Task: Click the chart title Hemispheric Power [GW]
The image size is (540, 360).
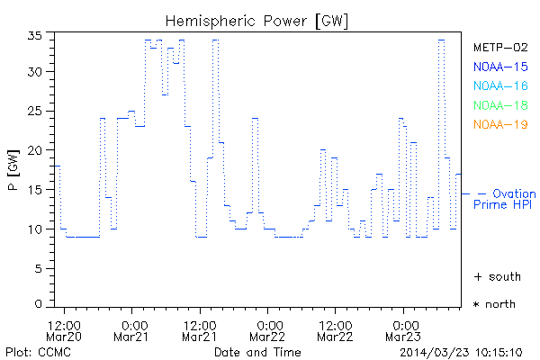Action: click(257, 19)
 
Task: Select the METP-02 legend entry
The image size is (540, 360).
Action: click(499, 47)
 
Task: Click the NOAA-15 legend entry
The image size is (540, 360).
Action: click(499, 67)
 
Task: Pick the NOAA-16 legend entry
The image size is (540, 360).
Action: click(499, 86)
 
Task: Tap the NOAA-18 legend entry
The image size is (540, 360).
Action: click(499, 105)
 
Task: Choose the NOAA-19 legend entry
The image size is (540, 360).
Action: click(499, 124)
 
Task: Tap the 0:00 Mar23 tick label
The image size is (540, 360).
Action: click(402, 329)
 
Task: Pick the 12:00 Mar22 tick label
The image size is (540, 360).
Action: click(335, 329)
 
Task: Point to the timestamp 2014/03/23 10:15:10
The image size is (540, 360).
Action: click(460, 351)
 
